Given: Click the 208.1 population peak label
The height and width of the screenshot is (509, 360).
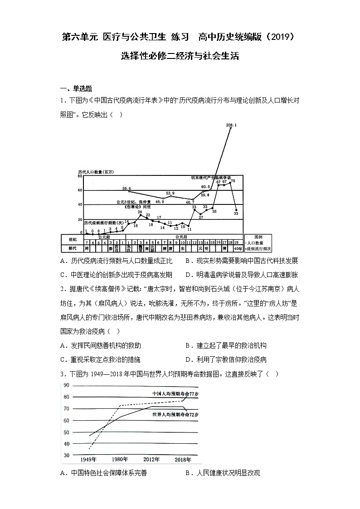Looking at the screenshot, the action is click(231, 124).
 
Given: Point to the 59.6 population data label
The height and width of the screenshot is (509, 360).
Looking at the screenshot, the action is click(126, 188).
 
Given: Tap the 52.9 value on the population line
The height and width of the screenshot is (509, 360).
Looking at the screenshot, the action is click(170, 193).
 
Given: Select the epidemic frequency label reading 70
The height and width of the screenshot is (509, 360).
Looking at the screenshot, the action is click(233, 181).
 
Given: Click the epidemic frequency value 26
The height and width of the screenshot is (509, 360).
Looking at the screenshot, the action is click(140, 212).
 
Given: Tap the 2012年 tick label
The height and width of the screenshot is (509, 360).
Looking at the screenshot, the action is click(151, 460).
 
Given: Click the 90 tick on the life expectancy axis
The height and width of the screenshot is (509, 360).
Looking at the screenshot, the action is click(66, 386).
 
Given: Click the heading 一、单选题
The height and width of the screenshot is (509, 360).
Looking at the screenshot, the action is click(76, 88).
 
